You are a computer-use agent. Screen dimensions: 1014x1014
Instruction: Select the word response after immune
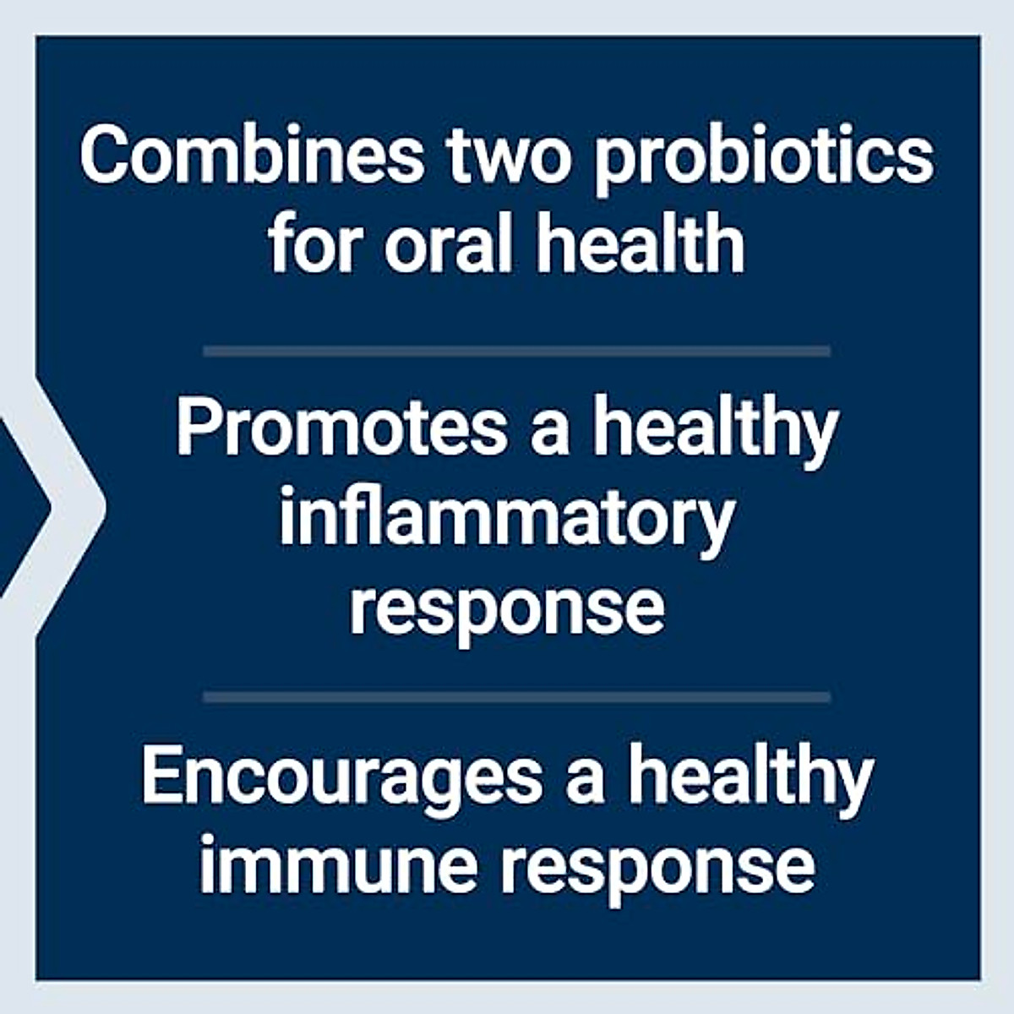click(x=657, y=869)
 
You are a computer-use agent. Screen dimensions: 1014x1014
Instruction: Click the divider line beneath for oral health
click(x=516, y=351)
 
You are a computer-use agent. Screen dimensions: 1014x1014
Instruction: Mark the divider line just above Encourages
click(x=516, y=697)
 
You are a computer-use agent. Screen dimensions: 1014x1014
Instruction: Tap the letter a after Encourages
click(x=585, y=781)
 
